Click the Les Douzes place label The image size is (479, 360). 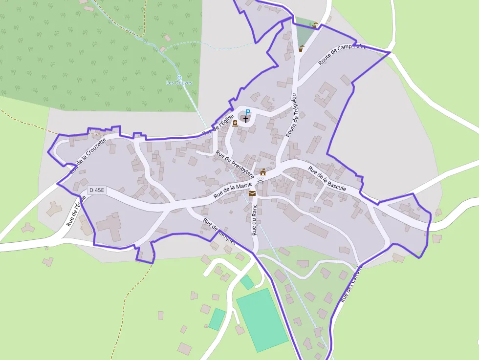[x=179, y=83]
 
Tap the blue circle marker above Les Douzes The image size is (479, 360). [x=179, y=77]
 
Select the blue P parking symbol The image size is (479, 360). [x=247, y=112]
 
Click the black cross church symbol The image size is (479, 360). [x=245, y=119]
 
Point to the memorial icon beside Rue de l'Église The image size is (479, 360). [x=235, y=123]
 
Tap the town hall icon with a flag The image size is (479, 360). [x=263, y=172]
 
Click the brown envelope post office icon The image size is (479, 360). [x=252, y=194]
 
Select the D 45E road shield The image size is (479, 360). [x=97, y=190]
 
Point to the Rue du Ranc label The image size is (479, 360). [x=254, y=220]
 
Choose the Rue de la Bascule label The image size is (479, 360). [x=327, y=178]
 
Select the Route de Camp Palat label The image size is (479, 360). [x=342, y=54]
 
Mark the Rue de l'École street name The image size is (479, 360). [x=75, y=211]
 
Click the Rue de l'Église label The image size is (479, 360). [x=218, y=125]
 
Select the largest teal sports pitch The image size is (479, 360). [x=262, y=320]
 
